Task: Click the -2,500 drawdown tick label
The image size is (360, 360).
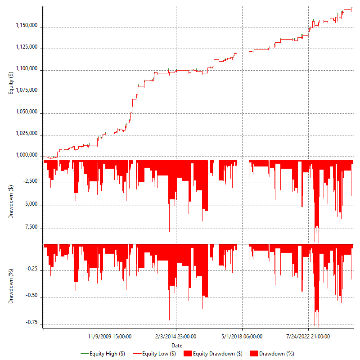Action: coord(30,182)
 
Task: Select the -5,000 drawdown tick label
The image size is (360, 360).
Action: coord(30,205)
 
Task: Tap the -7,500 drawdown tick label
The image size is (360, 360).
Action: coord(30,228)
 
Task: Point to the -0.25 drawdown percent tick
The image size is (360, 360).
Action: coord(31,270)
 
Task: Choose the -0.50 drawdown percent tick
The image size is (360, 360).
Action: coord(31,297)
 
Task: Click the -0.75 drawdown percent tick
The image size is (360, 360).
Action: coord(31,323)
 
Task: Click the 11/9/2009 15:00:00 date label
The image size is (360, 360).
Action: coord(110,336)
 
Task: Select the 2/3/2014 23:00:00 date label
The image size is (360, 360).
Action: coord(176,336)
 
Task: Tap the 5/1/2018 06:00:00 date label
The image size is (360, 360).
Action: coord(242,336)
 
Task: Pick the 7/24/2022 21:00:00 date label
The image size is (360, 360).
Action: coord(308,336)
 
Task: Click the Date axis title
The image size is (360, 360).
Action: coord(177,345)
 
